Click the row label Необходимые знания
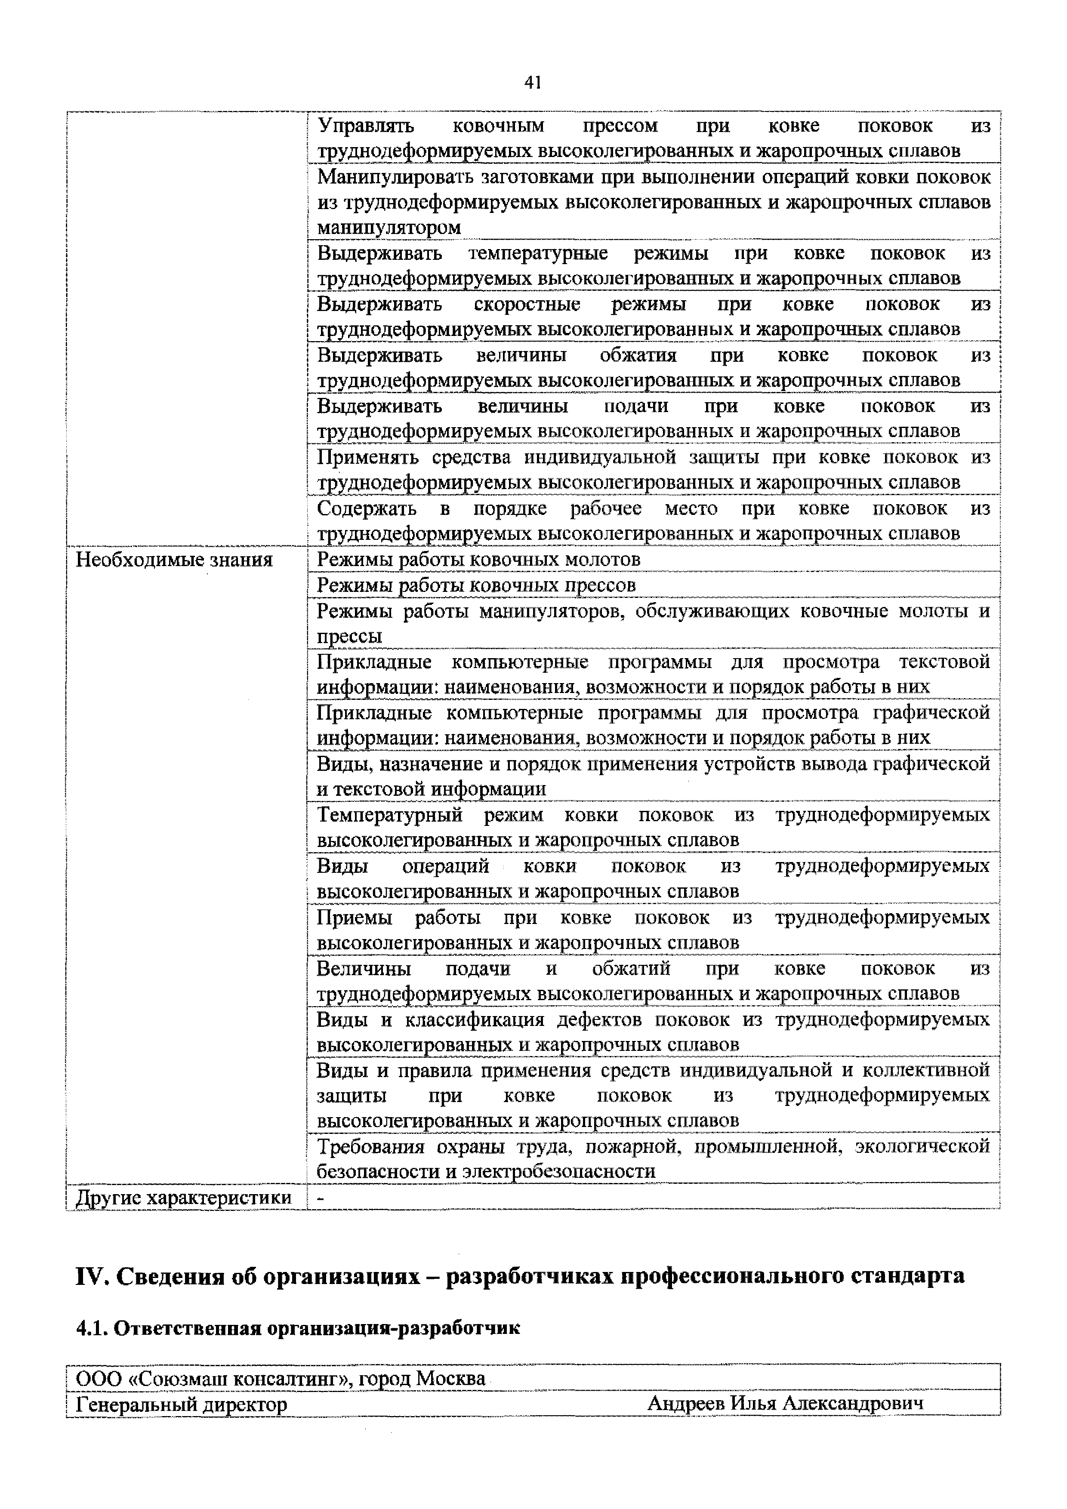[174, 560]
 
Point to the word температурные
[538, 253]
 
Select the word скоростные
[527, 304]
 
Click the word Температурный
[390, 815]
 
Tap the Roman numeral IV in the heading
[91, 1276]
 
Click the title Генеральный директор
[182, 1404]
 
